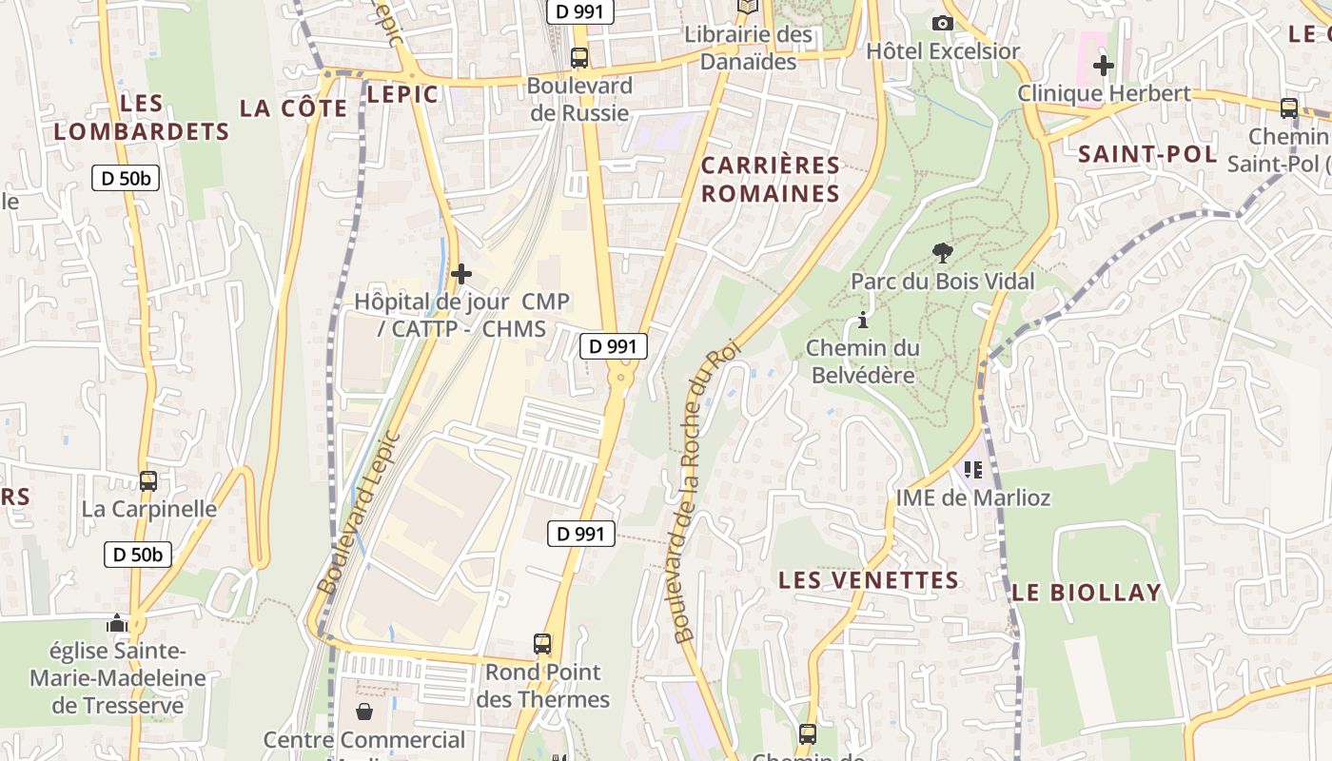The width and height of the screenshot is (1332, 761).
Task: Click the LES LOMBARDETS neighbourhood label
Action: (142, 117)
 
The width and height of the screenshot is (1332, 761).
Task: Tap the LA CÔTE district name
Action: (294, 108)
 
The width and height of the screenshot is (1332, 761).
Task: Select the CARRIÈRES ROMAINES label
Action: (771, 180)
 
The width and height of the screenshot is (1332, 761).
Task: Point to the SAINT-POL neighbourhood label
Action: (1147, 154)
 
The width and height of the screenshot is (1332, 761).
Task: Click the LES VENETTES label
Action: (869, 580)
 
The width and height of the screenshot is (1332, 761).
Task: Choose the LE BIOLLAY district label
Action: (1087, 593)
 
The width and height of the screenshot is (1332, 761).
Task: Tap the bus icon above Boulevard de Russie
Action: (579, 58)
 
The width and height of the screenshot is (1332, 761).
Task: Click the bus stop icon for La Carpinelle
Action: (148, 481)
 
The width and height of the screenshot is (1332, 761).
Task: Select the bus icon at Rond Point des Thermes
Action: (542, 644)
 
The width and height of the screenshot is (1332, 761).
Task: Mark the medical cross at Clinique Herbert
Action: (1104, 66)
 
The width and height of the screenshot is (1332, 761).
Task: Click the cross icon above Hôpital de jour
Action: (461, 275)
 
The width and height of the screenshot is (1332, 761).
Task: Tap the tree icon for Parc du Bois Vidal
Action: (943, 253)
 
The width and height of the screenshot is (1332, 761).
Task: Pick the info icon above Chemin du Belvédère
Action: (863, 320)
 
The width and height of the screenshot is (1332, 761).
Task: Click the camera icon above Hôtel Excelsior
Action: (943, 23)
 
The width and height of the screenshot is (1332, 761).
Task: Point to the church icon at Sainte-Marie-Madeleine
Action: (117, 624)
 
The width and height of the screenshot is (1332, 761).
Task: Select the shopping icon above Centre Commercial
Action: (363, 712)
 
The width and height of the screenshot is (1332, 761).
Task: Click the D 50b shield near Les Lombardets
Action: (126, 178)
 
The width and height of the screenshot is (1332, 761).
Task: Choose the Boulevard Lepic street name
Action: (359, 515)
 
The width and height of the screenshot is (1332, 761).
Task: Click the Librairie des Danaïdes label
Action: (749, 48)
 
